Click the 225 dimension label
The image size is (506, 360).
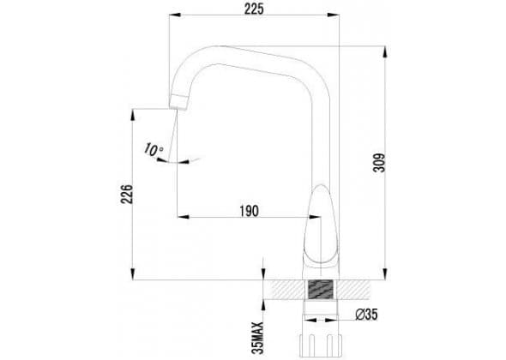[254, 9]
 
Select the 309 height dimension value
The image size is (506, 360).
[379, 163]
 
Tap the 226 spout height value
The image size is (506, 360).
[127, 194]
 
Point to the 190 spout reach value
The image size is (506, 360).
[249, 212]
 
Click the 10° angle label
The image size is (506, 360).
[154, 149]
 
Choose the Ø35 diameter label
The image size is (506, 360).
[366, 315]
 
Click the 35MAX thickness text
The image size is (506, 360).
[258, 338]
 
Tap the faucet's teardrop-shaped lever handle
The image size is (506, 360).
[321, 225]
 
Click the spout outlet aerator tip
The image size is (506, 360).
[178, 102]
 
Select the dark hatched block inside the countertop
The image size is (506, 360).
[321, 290]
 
